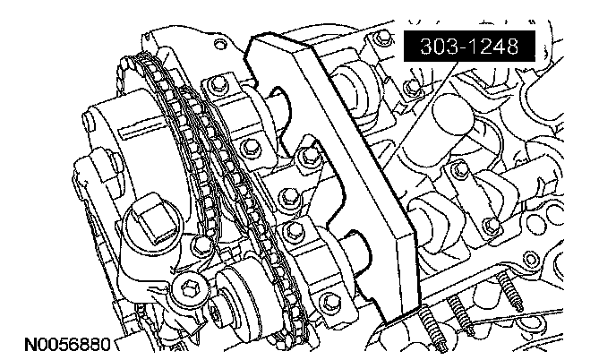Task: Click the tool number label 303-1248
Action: coord(469,46)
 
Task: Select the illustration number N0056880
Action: coord(68,344)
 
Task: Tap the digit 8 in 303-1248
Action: coord(511,47)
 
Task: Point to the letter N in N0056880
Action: coord(30,344)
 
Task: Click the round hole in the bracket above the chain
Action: coord(221,44)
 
